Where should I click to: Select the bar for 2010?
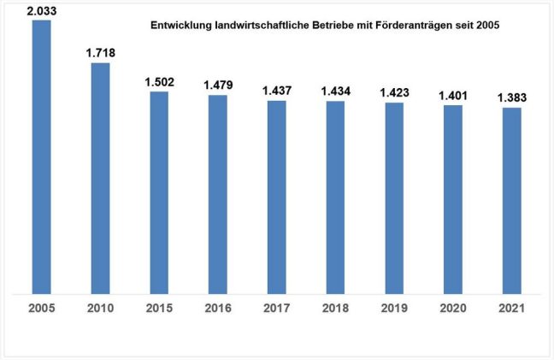pyautogui.click(x=100, y=178)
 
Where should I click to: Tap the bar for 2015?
pyautogui.click(x=159, y=192)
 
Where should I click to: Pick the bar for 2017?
pyautogui.click(x=276, y=197)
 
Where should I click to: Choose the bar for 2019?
pyautogui.click(x=394, y=198)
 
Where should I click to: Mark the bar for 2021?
pyautogui.click(x=511, y=200)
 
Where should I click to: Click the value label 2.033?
pyautogui.click(x=41, y=10)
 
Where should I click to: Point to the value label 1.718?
pyautogui.click(x=100, y=53)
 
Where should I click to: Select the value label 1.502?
pyautogui.click(x=159, y=82)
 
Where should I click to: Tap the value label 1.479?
pyautogui.click(x=217, y=85)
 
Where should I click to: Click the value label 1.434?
pyautogui.click(x=335, y=91)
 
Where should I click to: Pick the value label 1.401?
pyautogui.click(x=452, y=95)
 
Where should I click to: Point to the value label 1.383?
pyautogui.click(x=511, y=97)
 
